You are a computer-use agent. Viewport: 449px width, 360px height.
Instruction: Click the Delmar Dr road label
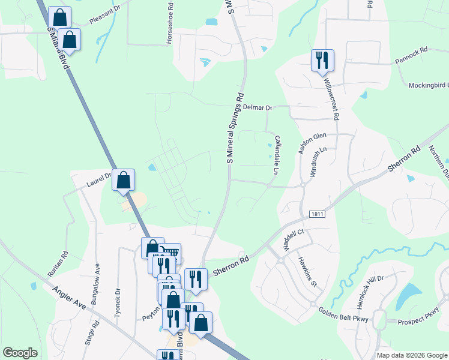coord(258,107)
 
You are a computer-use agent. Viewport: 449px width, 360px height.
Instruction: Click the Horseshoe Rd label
coord(169,25)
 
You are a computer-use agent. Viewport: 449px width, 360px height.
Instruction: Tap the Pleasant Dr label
coord(106,20)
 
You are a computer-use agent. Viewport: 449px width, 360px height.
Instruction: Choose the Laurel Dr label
coord(99,177)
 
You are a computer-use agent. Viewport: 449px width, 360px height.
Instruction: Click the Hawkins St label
coord(307,273)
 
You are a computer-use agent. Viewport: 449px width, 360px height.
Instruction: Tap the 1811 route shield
coord(318,214)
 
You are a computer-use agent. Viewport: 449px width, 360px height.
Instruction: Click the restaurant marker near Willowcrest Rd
coord(322,60)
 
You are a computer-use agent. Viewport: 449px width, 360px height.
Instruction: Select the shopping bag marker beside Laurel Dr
coord(123,179)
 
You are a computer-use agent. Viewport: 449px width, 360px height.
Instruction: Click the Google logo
coord(20,353)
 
